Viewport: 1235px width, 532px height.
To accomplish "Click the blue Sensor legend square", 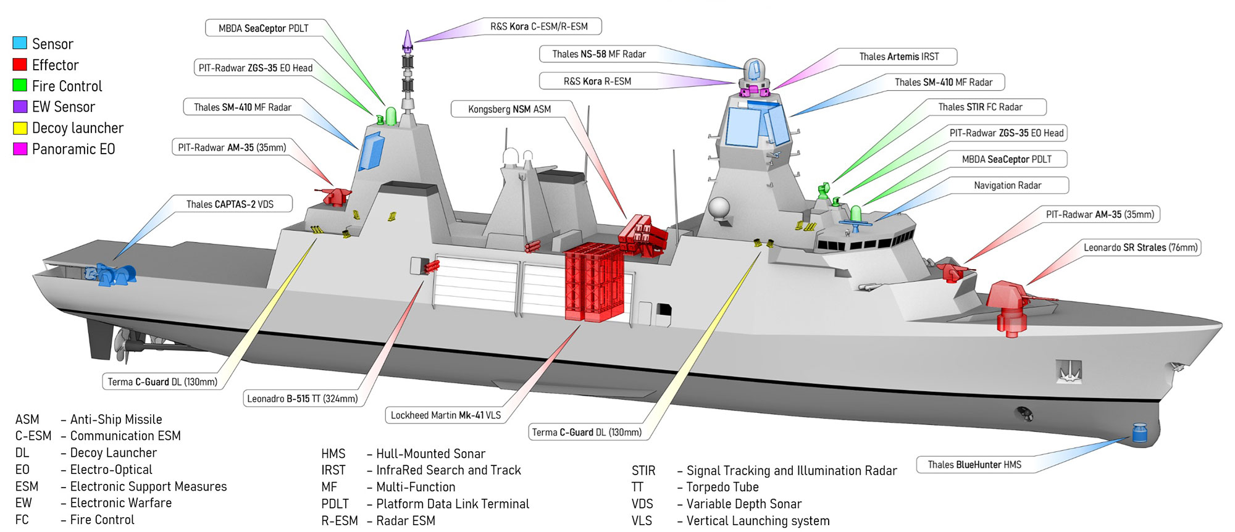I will (20, 43).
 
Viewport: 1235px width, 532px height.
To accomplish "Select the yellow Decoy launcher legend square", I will (20, 128).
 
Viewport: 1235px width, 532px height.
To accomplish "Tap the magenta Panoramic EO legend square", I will (20, 149).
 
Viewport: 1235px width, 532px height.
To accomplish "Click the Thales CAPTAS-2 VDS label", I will (230, 204).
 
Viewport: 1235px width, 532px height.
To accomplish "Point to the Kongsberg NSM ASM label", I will (509, 109).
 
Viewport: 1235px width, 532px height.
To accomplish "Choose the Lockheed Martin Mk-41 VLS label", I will (445, 415).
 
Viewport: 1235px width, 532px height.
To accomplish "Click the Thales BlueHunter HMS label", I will (974, 465).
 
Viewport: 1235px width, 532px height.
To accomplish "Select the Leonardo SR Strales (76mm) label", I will (1140, 247).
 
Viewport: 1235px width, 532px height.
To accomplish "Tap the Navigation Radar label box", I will (1007, 185).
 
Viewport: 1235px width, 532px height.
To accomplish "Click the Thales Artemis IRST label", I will (898, 57).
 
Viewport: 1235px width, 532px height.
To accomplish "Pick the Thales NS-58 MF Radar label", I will (598, 54).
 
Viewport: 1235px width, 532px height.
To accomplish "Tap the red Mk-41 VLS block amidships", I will (594, 283).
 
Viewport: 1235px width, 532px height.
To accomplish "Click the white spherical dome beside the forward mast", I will (719, 208).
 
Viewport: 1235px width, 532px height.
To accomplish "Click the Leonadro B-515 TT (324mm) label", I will (302, 399).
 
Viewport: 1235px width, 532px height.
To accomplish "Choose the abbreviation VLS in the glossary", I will (642, 521).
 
